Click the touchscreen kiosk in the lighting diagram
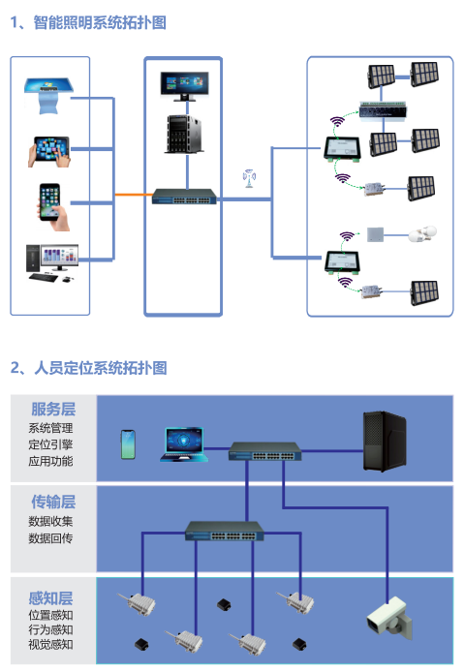point(48,95)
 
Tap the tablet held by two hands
point(49,152)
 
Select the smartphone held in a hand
point(53,207)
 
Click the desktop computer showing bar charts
point(52,263)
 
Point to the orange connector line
point(134,195)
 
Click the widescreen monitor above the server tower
point(184,86)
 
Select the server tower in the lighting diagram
point(184,134)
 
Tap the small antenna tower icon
point(249,178)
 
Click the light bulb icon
point(422,234)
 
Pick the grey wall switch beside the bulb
point(375,234)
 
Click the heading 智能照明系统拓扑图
point(100,22)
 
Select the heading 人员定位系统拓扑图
point(101,368)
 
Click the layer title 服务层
point(53,409)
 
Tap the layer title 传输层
point(53,502)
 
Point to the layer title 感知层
point(50,597)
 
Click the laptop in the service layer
point(184,444)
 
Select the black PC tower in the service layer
point(385,441)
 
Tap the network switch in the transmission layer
point(225,531)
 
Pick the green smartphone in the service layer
point(128,444)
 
